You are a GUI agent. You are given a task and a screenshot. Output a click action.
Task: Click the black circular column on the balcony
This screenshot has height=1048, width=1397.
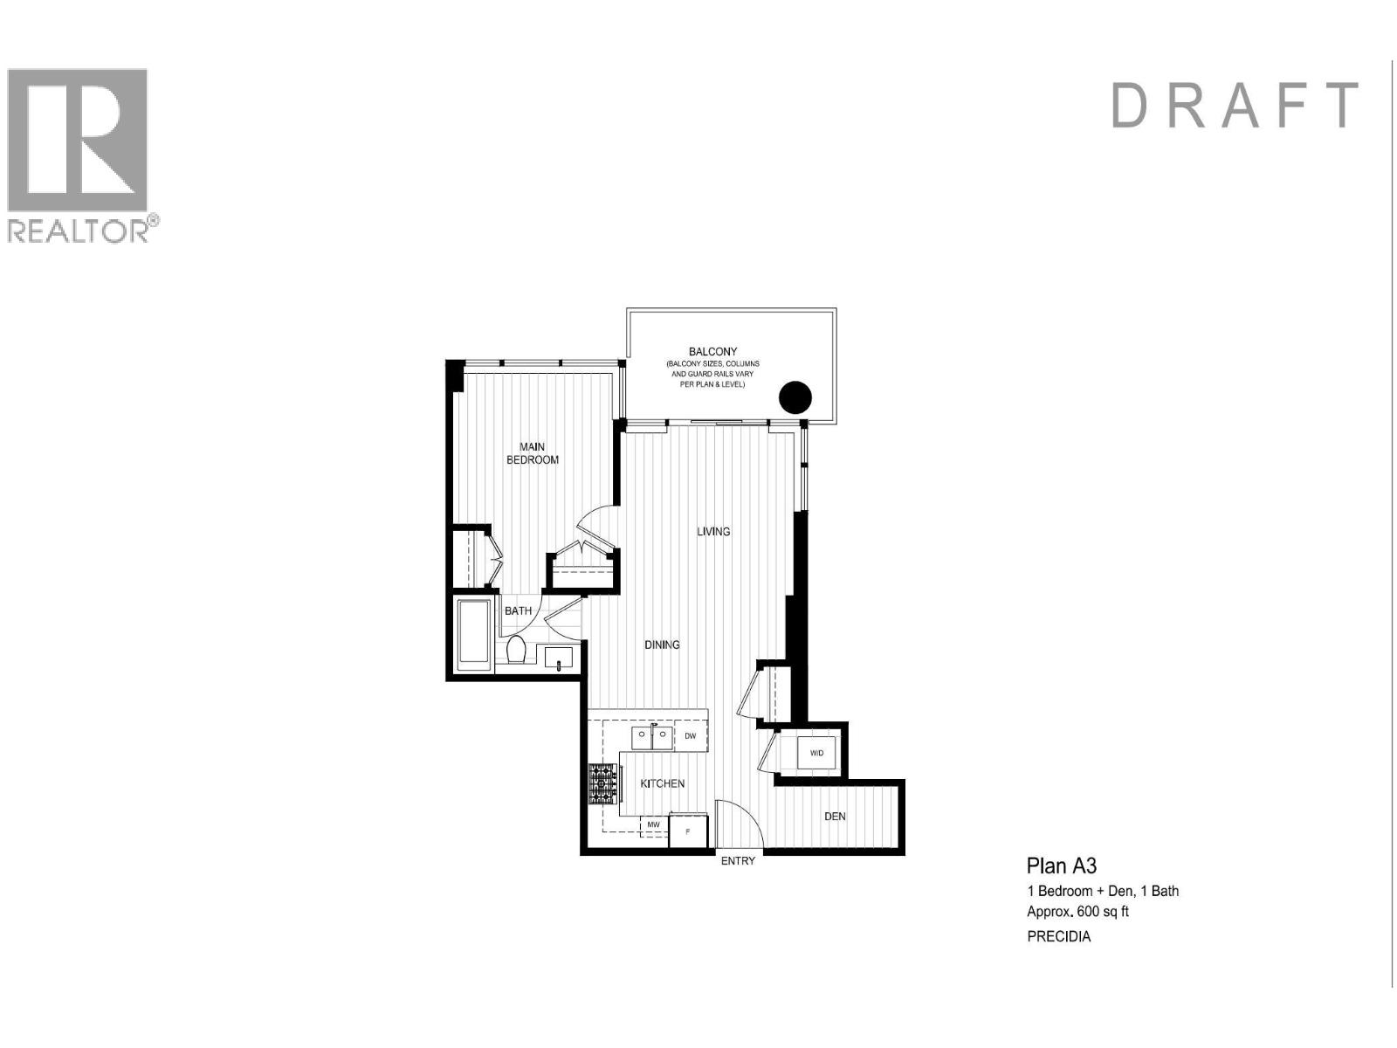[795, 397]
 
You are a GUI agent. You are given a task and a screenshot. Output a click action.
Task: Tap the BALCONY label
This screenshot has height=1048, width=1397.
[712, 352]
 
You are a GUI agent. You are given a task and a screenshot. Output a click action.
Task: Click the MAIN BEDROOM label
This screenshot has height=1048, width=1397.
[532, 453]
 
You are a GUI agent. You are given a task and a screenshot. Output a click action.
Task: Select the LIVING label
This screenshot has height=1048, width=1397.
[713, 531]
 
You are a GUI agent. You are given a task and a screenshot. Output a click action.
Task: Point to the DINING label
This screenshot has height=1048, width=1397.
[662, 645]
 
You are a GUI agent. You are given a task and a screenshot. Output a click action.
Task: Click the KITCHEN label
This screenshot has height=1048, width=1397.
[663, 783]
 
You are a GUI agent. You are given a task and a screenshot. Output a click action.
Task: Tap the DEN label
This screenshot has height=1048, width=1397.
[835, 817]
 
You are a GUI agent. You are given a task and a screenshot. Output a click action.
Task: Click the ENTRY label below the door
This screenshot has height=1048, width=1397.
[738, 861]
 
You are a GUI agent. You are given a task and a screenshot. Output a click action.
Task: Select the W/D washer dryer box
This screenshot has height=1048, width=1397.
[817, 753]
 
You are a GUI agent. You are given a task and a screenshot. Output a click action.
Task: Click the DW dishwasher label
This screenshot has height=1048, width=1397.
[690, 736]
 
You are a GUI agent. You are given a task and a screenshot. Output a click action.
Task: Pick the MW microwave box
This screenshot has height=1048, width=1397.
[653, 824]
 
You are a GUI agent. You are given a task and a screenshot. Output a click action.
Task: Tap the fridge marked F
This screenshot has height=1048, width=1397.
[688, 831]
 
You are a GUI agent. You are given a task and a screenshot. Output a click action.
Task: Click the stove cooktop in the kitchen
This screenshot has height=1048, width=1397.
[602, 783]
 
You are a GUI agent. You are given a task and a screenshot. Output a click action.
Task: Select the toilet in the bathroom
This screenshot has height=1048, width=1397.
[516, 650]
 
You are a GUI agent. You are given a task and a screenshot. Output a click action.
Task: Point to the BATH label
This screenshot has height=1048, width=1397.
[518, 610]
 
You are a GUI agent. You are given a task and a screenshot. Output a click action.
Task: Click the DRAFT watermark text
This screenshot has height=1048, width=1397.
[1235, 106]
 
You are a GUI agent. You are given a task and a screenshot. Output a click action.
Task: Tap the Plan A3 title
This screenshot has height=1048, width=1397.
[1061, 865]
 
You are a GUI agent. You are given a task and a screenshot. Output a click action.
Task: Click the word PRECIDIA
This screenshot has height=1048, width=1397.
[1058, 937]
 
